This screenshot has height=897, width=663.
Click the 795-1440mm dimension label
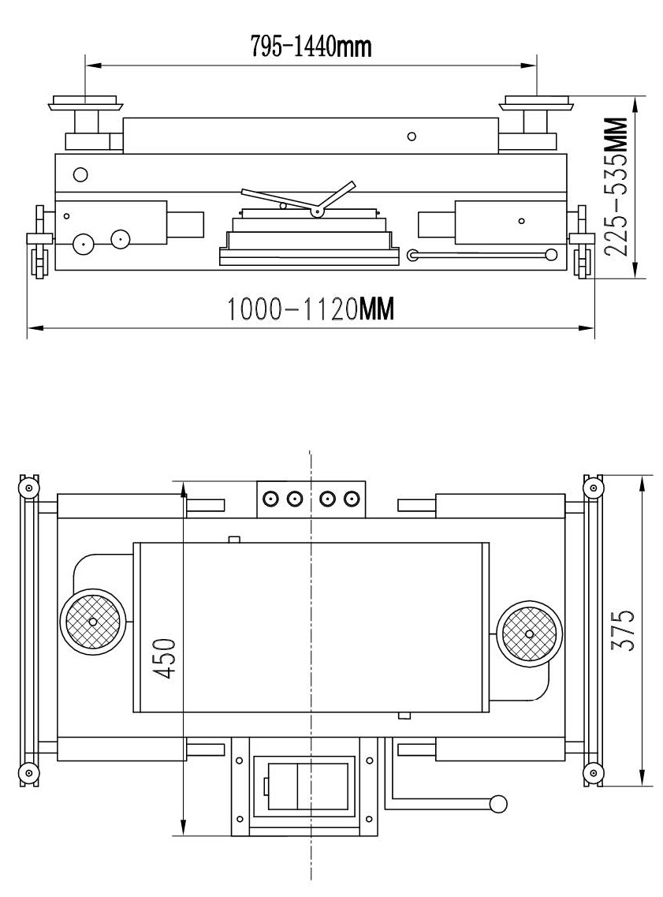pos(311,46)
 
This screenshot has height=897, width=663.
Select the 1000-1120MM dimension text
pos(311,309)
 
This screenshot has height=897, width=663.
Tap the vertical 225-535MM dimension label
pos(616,186)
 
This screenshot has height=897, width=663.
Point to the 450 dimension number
pos(166,659)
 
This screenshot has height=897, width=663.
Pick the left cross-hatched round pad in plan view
pos(92,621)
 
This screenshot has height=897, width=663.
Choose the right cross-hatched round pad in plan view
pos(529,634)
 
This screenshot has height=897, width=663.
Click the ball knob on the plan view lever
pos(498,804)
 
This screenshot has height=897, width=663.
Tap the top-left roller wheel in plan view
pos(28,488)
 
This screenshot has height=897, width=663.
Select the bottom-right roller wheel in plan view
pos(594,773)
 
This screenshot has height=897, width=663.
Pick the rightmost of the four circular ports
pos(351,499)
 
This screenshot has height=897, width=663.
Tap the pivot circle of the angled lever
pos(315,212)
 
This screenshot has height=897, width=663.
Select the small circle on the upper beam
pos(412,136)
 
